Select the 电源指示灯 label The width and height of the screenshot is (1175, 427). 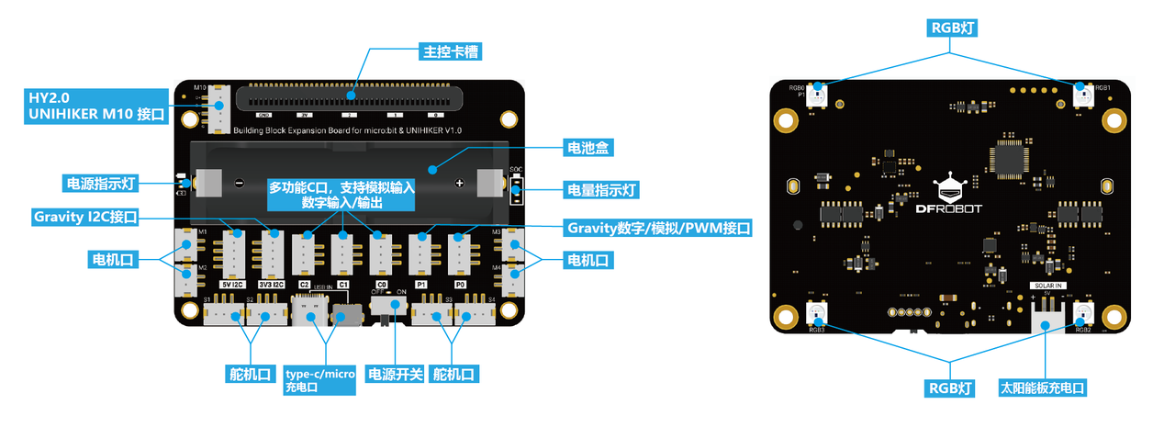pos(100,184)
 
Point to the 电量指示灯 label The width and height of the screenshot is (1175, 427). pos(601,191)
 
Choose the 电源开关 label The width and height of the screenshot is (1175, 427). pos(395,374)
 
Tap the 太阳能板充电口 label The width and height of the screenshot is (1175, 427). pos(1042,388)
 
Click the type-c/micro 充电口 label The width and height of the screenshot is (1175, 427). pos(319,380)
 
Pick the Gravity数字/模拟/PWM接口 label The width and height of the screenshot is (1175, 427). pos(658,227)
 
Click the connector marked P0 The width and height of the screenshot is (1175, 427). pos(459,249)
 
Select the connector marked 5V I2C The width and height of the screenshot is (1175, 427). pos(232,249)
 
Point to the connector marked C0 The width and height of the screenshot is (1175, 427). pos(380,250)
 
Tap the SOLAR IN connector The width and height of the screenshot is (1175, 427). pos(1046,318)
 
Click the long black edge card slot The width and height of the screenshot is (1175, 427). pos(349,96)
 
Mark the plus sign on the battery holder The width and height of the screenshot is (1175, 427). pos(459,184)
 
